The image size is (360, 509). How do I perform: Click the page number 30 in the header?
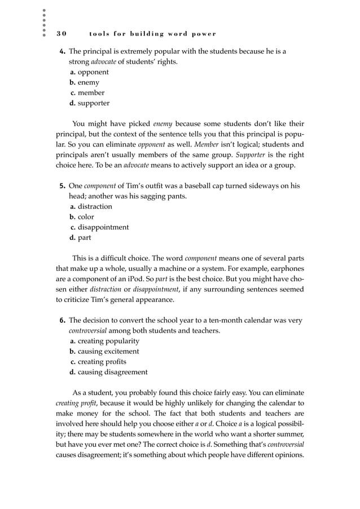point(62,33)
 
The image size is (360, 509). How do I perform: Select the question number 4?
point(63,51)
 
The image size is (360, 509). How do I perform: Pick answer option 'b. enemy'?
point(84,82)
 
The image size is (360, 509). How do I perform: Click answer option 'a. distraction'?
point(91,207)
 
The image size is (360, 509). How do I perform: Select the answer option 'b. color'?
point(82,217)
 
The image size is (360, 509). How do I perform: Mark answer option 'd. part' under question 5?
point(80,238)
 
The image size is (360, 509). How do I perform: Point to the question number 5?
point(63,186)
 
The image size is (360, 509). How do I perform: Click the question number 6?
point(63,321)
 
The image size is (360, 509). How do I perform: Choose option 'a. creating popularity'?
point(104,341)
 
